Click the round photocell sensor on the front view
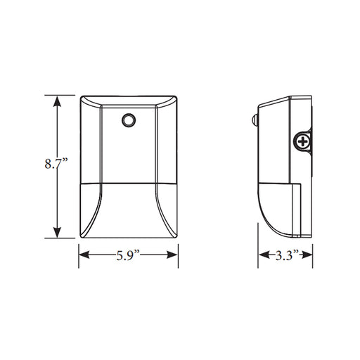click(x=128, y=122)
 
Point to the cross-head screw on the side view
click(x=302, y=141)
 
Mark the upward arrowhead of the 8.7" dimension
click(x=57, y=100)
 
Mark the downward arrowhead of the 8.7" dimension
click(x=57, y=235)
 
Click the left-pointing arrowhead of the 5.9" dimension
click(x=82, y=255)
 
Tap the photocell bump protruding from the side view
click(x=255, y=121)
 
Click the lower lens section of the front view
click(x=128, y=211)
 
